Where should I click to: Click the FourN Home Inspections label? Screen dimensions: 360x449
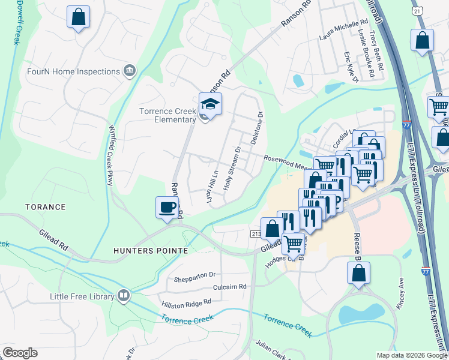[74, 72]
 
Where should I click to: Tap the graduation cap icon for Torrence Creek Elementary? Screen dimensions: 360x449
[210, 104]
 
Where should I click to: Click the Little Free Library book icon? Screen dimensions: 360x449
[124, 295]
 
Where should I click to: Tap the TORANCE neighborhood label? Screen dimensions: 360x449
[45, 207]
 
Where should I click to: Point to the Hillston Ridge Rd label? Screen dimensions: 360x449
[186, 304]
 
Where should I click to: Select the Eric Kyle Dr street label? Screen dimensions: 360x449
[350, 67]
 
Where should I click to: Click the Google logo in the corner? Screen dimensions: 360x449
[20, 353]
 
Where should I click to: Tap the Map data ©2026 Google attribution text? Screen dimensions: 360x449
[411, 355]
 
